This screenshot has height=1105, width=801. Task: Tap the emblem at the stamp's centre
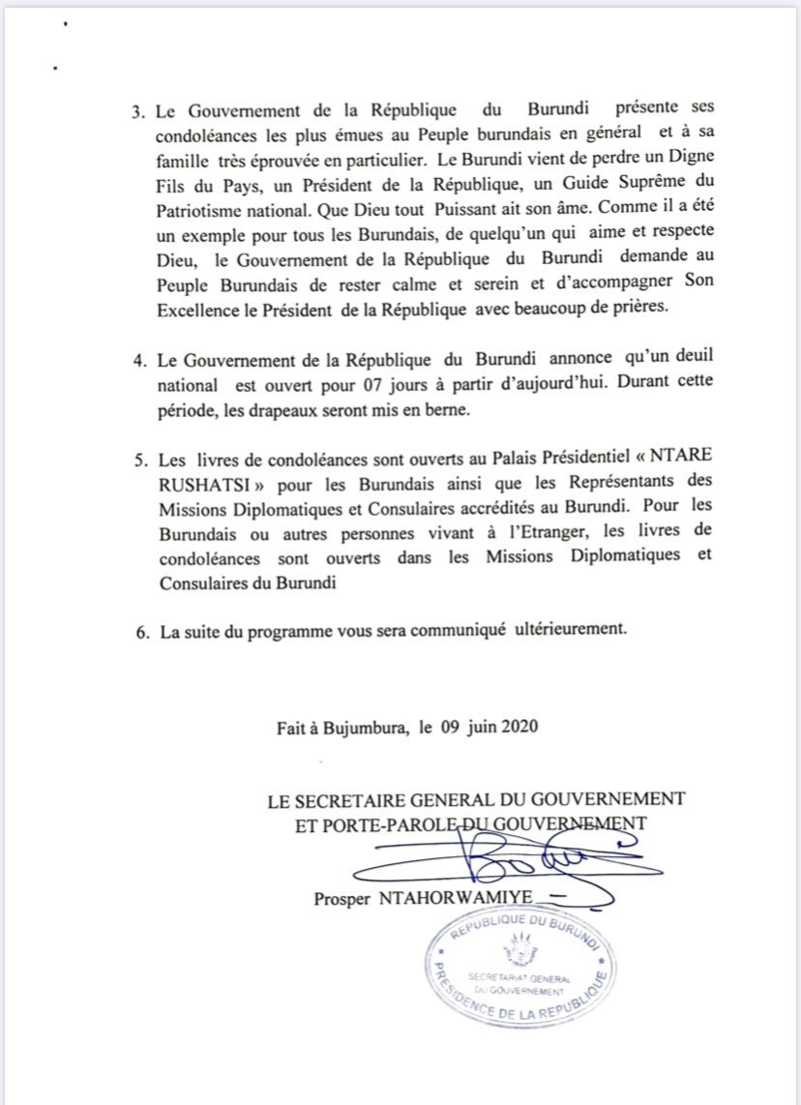tap(523, 954)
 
